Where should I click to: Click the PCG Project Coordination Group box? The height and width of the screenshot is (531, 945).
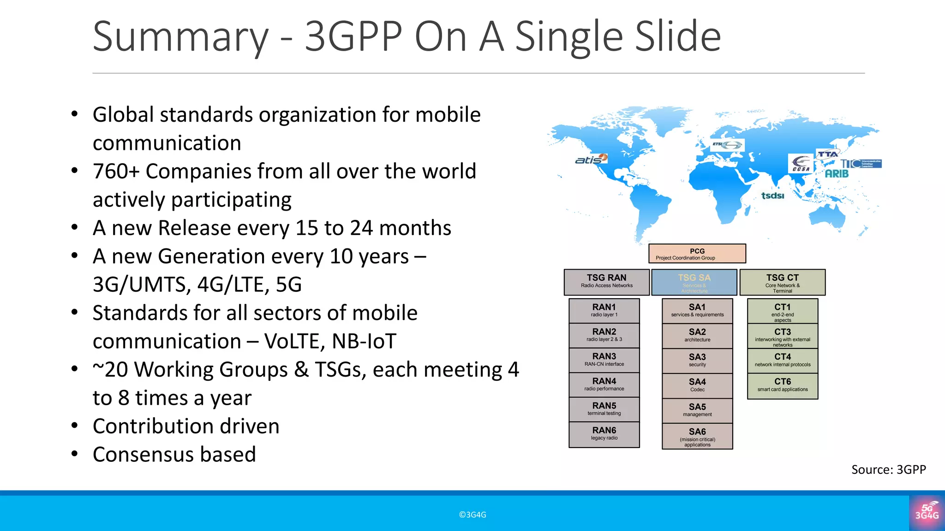tap(697, 254)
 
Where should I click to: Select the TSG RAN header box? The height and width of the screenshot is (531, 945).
tap(606, 282)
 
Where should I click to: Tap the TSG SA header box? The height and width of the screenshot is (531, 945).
tap(694, 282)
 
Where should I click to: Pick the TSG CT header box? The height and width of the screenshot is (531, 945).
tap(782, 282)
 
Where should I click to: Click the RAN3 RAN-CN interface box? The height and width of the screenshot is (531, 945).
tap(604, 360)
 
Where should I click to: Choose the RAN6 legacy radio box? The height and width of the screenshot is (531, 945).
tap(604, 434)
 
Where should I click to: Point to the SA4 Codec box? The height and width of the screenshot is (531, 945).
tap(697, 385)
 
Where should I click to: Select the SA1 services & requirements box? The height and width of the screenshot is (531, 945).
tap(697, 311)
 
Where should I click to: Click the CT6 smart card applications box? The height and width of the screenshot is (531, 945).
tap(782, 385)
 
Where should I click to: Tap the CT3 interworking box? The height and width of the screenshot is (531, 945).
tap(782, 336)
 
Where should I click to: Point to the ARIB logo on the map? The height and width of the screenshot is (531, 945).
tap(837, 174)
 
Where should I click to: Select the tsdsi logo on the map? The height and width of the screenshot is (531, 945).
tap(772, 195)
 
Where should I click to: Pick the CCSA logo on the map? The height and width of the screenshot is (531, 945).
tap(801, 164)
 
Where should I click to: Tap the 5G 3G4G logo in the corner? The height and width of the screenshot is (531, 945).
tap(927, 512)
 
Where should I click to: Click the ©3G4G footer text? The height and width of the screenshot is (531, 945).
tap(472, 515)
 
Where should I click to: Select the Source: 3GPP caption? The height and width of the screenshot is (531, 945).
tap(888, 469)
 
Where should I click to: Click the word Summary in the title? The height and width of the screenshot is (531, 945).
tap(180, 37)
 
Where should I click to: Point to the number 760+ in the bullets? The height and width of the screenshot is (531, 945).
tap(116, 171)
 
